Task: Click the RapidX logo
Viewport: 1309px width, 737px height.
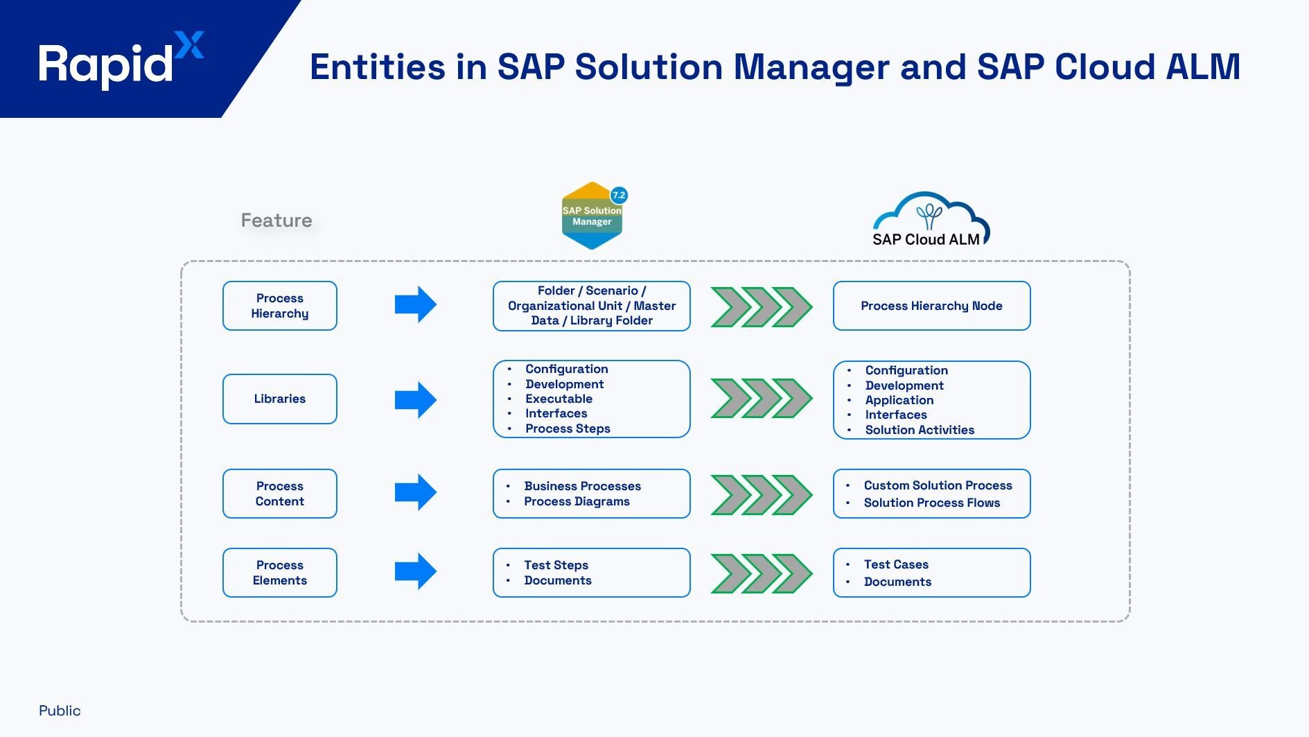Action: point(121,61)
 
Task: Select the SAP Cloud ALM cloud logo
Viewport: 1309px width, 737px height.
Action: point(929,219)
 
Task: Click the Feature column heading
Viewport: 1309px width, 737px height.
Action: point(276,220)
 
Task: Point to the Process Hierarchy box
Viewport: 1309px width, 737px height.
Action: point(279,306)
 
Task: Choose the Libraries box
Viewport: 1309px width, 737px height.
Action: point(279,399)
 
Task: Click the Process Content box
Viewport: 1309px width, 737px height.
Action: point(279,494)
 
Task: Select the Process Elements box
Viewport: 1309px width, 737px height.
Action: point(279,573)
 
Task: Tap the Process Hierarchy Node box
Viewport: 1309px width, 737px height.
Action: point(931,306)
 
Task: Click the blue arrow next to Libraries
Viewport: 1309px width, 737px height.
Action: point(415,399)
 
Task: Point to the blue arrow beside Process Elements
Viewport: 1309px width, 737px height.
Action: point(415,571)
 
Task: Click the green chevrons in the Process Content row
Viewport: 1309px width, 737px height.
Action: point(761,494)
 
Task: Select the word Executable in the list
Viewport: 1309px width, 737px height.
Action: point(559,399)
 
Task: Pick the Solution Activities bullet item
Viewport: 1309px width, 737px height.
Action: point(919,430)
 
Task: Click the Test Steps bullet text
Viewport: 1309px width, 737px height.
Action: point(556,565)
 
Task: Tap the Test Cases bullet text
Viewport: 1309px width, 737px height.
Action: point(895,564)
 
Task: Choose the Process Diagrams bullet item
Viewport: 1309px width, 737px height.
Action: point(577,501)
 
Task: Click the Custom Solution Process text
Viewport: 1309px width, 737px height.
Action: point(938,485)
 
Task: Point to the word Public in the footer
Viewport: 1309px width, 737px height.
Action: point(60,711)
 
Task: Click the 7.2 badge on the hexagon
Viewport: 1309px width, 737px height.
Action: point(618,196)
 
